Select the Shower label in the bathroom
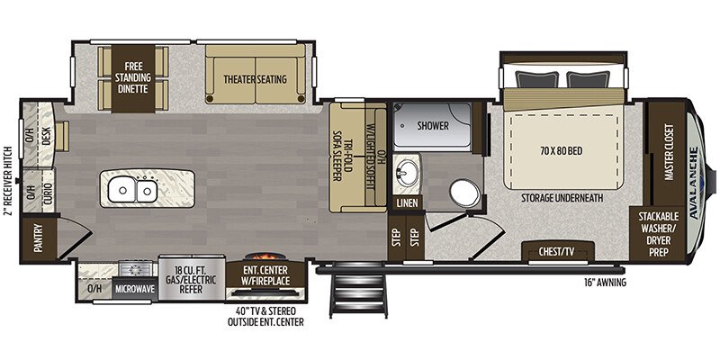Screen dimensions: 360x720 click(432, 126)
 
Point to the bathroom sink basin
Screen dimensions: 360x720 click(409, 170)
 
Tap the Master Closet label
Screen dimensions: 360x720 click(668, 153)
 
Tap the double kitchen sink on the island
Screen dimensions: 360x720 click(133, 190)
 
